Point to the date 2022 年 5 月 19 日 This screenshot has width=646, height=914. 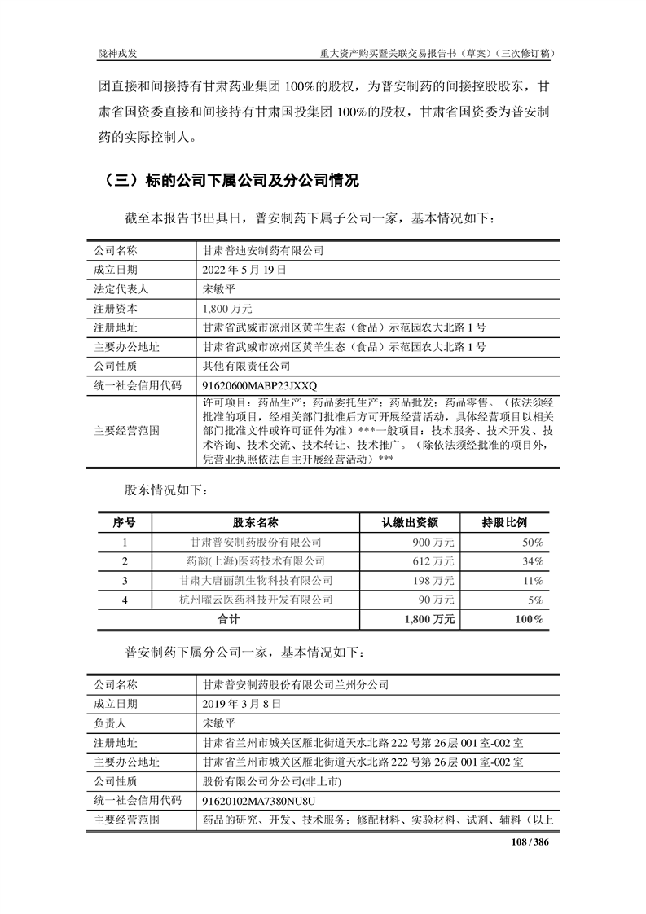[244, 270]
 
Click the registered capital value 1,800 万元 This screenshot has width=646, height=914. [227, 310]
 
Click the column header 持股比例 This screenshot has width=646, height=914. [504, 522]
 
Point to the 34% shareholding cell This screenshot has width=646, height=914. [533, 561]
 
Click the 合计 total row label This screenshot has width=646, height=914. [228, 620]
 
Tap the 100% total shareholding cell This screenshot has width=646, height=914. [529, 620]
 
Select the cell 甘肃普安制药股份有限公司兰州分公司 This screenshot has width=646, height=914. [297, 684]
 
